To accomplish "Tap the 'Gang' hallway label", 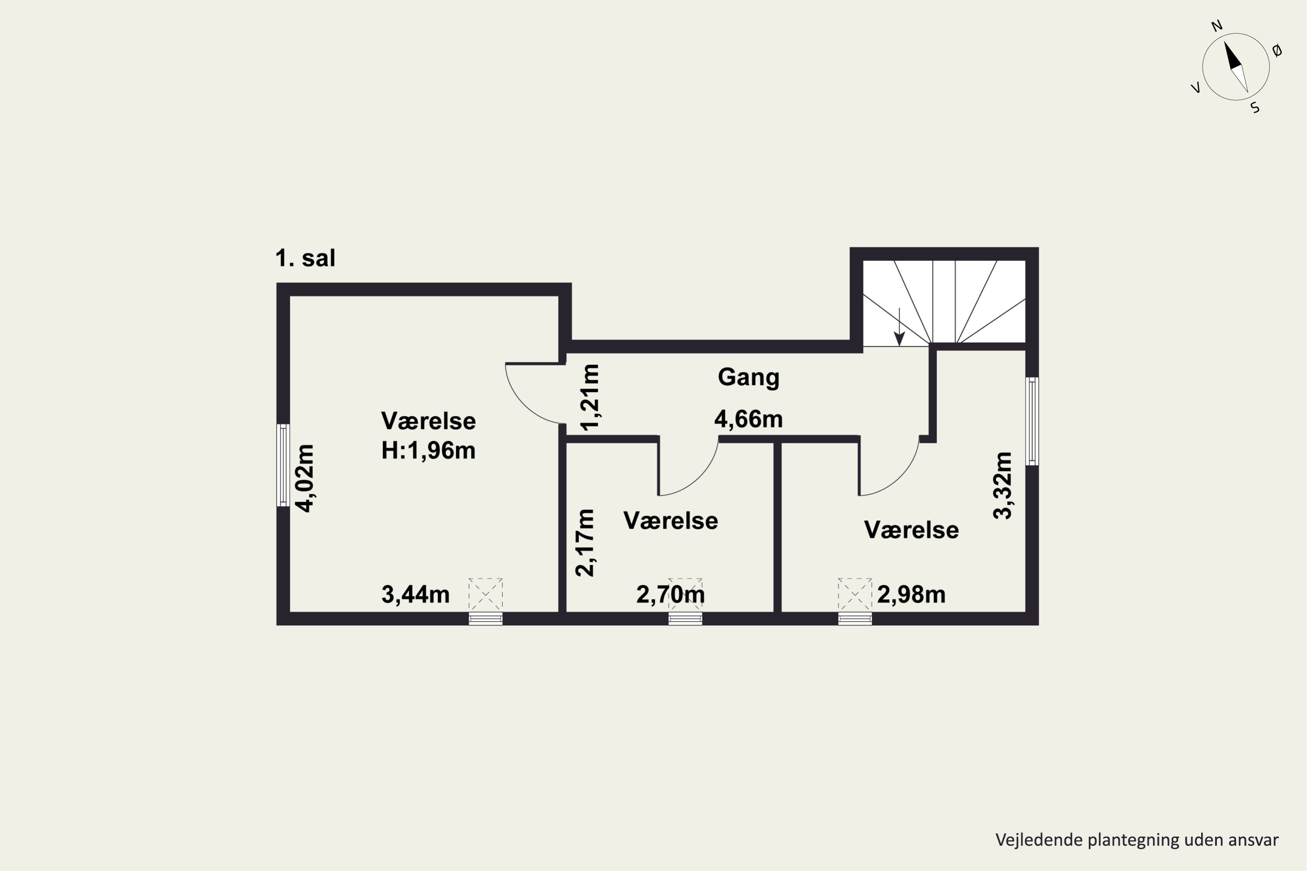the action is click(x=748, y=377).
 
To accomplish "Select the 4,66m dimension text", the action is click(x=748, y=419).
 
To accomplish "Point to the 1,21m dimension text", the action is click(x=589, y=397).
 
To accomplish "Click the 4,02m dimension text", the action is click(x=305, y=478).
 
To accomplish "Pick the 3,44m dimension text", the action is click(x=416, y=595).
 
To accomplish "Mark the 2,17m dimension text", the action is click(x=585, y=543).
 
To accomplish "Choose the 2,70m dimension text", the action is click(x=671, y=595).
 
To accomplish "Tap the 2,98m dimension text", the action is click(x=911, y=595).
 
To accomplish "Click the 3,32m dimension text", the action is click(x=1003, y=486).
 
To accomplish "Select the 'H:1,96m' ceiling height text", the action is click(x=428, y=450).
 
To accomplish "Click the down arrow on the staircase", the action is click(x=899, y=327).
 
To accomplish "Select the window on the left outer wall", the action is click(x=284, y=466).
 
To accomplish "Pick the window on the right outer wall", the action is click(x=1032, y=421).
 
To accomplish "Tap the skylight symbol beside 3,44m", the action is click(x=486, y=594).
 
